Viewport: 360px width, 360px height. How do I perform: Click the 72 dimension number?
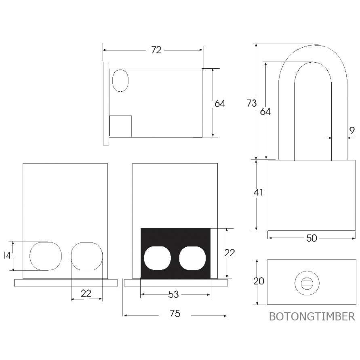click(156, 50)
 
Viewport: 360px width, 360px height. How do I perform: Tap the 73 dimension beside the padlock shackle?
click(251, 103)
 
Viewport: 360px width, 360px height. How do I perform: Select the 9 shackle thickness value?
click(352, 130)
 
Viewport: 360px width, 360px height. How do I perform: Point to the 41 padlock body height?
click(258, 192)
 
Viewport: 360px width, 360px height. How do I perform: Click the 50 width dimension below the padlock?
click(312, 238)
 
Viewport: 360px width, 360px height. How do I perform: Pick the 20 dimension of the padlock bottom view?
click(259, 281)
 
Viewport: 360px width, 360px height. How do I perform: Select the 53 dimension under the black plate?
click(173, 295)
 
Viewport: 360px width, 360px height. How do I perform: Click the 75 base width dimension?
click(175, 314)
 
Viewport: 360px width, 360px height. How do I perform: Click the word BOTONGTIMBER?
click(312, 316)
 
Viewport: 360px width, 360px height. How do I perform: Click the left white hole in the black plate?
click(158, 258)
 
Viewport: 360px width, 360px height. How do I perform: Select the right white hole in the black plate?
click(192, 258)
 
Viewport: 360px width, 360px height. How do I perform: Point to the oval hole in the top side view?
click(120, 80)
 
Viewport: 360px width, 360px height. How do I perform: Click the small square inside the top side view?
click(121, 126)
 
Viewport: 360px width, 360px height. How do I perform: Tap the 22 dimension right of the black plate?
click(229, 253)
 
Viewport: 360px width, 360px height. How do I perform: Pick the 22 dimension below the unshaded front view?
click(86, 293)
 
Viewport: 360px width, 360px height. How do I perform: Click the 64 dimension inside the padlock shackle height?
click(265, 111)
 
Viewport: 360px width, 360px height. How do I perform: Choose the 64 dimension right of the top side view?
click(220, 103)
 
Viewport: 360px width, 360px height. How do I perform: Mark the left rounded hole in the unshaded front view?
click(46, 256)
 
